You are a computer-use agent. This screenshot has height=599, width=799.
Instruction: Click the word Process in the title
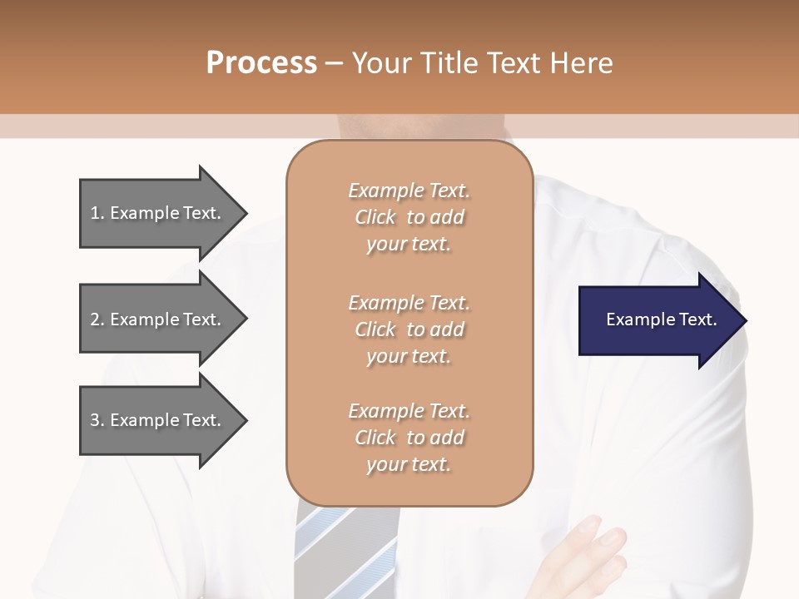pos(261,63)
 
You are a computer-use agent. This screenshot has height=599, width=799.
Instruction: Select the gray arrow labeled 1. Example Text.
pos(158,213)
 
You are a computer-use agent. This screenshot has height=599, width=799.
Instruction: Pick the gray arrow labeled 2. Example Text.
pos(158,319)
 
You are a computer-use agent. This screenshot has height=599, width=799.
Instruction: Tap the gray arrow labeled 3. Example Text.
pos(158,420)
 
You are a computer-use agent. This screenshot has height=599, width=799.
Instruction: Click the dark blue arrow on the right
pos(658,319)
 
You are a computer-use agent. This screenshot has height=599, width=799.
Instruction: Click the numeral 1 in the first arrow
pos(95,213)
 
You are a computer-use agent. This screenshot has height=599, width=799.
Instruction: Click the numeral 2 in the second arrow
pos(95,319)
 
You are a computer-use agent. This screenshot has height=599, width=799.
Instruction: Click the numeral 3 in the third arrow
pos(95,420)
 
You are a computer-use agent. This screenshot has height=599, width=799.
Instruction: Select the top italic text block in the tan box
pos(409,217)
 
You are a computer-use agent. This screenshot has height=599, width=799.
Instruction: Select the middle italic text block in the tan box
pos(409,329)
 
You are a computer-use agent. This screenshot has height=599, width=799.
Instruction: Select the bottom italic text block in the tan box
pos(409,438)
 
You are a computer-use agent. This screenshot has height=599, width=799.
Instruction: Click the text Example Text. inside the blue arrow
pos(661,319)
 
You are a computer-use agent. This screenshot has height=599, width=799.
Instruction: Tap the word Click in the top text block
pos(375,217)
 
